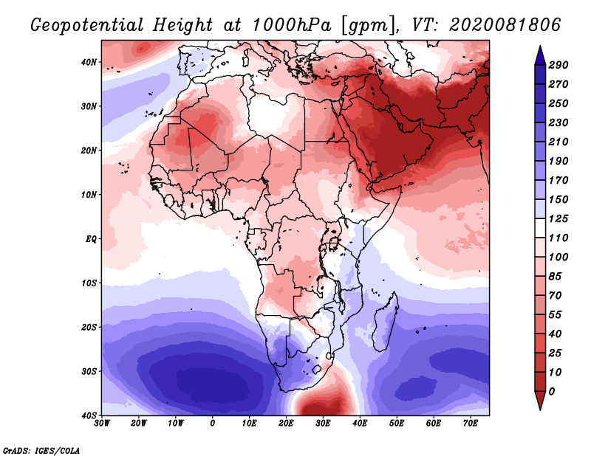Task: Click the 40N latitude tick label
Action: pos(89,62)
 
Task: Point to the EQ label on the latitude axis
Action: pos(91,239)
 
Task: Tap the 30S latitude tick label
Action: pos(89,372)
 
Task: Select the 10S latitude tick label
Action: pos(89,283)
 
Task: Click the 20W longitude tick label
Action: pos(139,424)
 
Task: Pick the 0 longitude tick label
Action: pos(213,424)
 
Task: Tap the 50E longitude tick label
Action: pos(397,424)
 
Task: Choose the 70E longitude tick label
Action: pos(470,424)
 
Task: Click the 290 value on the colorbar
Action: pos(558,65)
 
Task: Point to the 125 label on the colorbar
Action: pos(558,218)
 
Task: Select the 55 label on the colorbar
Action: pos(556,315)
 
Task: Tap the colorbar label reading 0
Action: pos(552,392)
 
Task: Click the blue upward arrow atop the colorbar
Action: pos(540,55)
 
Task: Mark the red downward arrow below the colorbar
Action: pos(540,401)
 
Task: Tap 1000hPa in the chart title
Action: pos(292,25)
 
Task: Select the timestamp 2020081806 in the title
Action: pos(505,25)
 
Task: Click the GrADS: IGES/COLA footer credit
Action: pos(41,450)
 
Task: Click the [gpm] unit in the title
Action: pos(370,26)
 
